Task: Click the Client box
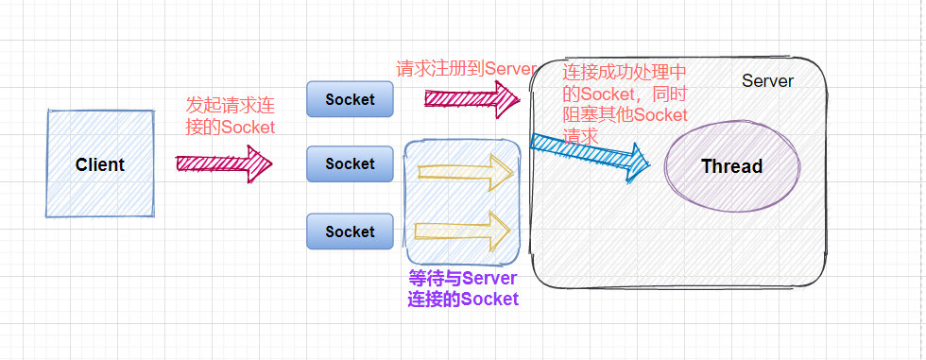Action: pos(99,163)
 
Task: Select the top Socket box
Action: pos(350,99)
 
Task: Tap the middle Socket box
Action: pos(350,163)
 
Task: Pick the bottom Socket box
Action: pos(350,231)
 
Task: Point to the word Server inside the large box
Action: pos(767,81)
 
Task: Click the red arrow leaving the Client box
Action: pos(223,163)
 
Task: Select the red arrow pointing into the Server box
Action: pos(472,97)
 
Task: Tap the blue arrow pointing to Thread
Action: pos(590,154)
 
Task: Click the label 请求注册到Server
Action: pos(466,68)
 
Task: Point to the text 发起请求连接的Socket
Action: pos(231,115)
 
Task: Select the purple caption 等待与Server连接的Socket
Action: pos(463,288)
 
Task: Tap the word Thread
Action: pos(731,166)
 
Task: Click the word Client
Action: pos(99,164)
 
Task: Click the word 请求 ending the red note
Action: pos(580,136)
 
